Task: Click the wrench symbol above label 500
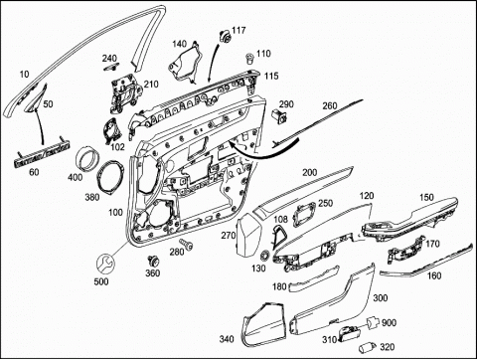105,263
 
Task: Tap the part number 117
238,30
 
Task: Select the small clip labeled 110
249,59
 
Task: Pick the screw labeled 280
187,245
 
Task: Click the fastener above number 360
153,261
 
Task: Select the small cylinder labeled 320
367,347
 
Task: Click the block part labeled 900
372,321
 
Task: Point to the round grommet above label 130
265,256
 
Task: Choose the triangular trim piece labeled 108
277,236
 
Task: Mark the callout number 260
329,106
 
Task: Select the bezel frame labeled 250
305,215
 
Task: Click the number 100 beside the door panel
115,212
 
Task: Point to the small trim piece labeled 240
110,68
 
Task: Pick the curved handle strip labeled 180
314,278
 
